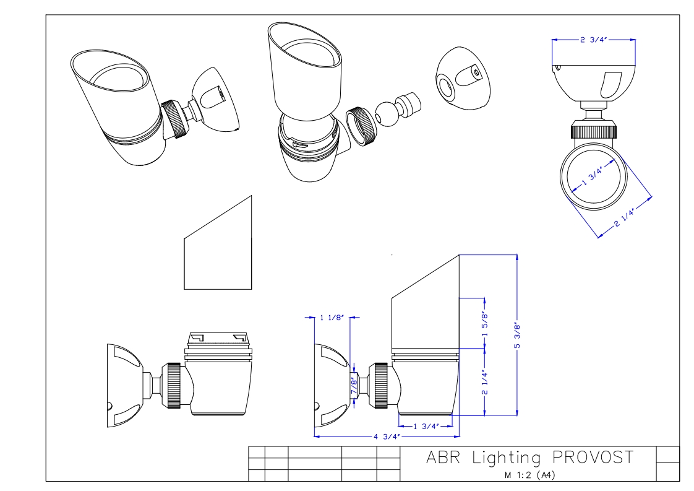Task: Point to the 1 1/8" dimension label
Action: pos(330,318)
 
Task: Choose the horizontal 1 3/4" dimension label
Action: pos(426,426)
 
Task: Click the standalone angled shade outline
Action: pos(218,248)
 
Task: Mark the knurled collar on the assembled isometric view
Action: pos(175,119)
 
